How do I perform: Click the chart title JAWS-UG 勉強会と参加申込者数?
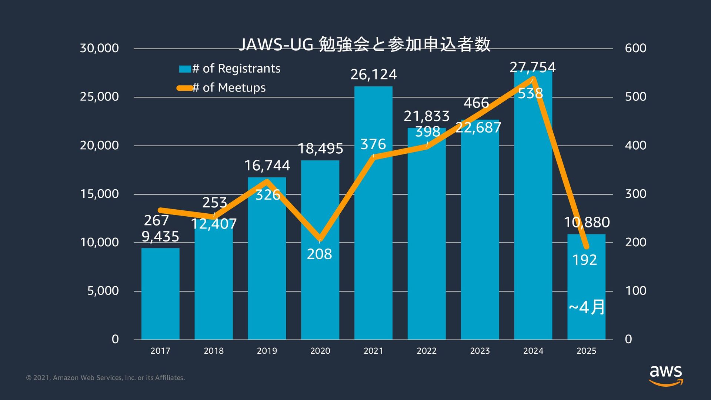(364, 44)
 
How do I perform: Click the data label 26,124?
(373, 75)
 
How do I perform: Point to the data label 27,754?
(533, 67)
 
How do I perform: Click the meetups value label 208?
(319, 254)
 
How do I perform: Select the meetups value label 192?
(584, 260)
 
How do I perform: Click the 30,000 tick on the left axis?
(99, 48)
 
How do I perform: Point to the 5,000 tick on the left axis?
(103, 291)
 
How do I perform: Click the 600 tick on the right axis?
(635, 48)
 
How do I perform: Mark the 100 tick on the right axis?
(635, 291)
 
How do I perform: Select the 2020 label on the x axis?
(320, 351)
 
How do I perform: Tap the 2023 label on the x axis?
(480, 351)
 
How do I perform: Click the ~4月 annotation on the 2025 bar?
(587, 307)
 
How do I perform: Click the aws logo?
(666, 375)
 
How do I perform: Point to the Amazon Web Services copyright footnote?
(106, 378)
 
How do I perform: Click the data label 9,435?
(160, 237)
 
